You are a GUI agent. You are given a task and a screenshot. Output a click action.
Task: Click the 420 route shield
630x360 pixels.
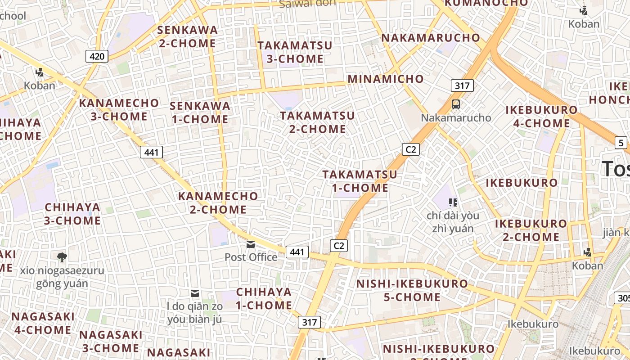tap(97, 56)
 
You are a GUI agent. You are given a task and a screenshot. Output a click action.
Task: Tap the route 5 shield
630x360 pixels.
tap(621, 143)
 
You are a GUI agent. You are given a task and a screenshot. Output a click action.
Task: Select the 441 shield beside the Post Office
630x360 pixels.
tap(297, 252)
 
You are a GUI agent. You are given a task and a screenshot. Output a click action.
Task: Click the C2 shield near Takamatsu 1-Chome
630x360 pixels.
tap(410, 149)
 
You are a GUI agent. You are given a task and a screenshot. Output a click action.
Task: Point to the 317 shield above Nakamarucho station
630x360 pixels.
tap(462, 85)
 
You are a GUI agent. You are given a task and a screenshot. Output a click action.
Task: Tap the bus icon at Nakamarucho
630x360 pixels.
tap(456, 104)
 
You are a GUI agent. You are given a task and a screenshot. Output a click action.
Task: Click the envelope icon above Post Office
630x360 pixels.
tap(251, 244)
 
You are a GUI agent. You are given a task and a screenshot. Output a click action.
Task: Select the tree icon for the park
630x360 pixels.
tap(62, 257)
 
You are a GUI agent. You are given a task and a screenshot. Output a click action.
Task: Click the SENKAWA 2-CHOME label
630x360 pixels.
tap(187, 37)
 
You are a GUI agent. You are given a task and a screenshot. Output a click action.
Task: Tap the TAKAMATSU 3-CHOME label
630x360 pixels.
tap(295, 52)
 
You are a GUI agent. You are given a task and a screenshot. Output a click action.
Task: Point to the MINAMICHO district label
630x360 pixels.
tap(386, 79)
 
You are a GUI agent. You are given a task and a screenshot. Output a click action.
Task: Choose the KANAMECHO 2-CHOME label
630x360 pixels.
tap(218, 203)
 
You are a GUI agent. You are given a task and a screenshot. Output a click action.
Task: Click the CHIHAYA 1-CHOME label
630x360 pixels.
tap(264, 298)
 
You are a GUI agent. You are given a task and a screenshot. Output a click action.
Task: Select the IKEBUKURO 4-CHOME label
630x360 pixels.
tap(541, 117)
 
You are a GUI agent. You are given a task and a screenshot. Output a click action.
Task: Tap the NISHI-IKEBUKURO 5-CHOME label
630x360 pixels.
tap(412, 290)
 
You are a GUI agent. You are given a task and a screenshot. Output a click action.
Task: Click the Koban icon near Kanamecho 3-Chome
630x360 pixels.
tap(40, 72)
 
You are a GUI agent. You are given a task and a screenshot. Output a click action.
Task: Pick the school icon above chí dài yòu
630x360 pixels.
tap(453, 202)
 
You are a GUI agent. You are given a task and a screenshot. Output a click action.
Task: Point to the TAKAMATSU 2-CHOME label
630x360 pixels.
tap(317, 122)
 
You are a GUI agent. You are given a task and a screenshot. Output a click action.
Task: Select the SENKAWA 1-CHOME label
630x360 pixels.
tap(200, 112)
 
